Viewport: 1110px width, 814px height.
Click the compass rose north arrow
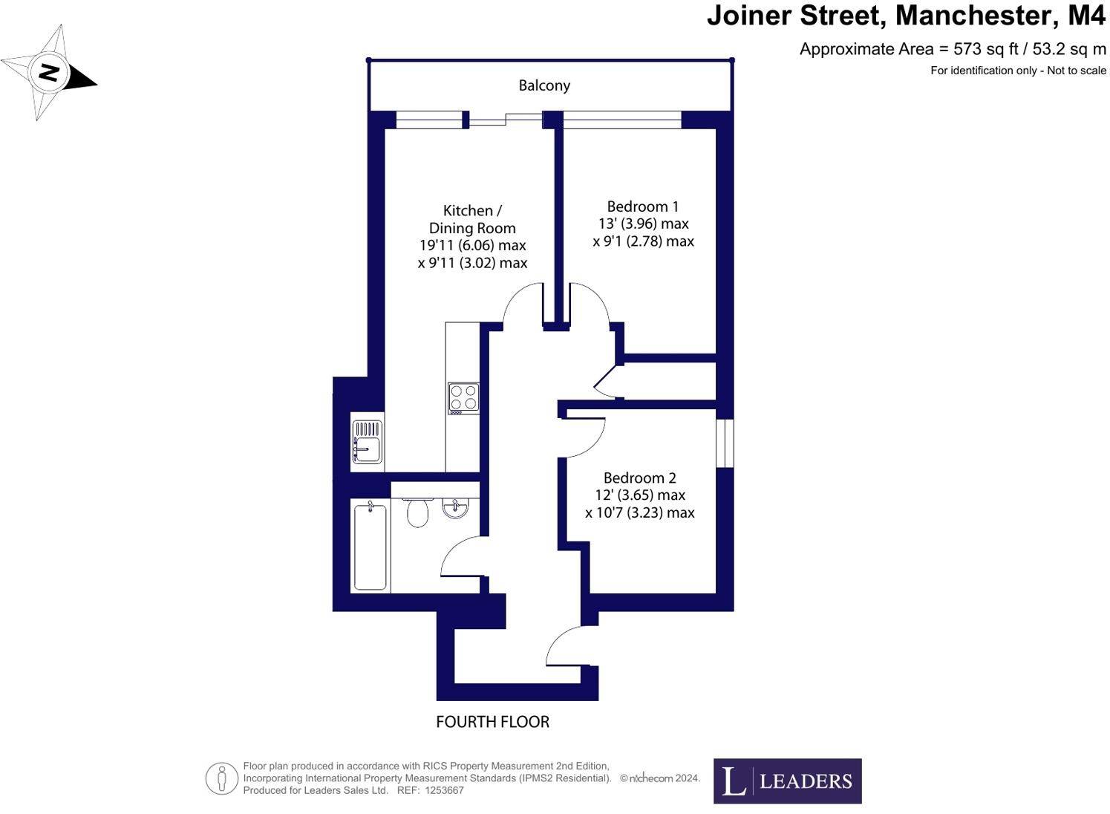click(49, 73)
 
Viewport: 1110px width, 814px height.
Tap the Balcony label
click(544, 85)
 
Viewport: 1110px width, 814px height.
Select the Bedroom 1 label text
click(643, 206)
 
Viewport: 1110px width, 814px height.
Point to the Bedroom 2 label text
click(639, 478)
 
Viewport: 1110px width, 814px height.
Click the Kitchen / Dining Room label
click(472, 219)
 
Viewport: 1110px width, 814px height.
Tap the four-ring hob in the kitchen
click(463, 398)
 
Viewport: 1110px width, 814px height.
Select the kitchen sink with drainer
click(368, 441)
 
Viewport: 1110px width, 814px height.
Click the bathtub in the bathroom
click(370, 546)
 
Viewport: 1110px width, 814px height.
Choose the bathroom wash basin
click(455, 507)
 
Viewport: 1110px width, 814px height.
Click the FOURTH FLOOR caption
click(492, 722)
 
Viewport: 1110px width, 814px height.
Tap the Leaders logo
click(787, 781)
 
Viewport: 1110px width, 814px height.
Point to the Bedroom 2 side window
click(725, 443)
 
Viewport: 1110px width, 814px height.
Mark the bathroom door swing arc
click(463, 557)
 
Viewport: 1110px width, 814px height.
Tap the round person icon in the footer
click(221, 778)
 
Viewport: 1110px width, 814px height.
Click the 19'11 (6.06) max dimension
click(472, 245)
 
